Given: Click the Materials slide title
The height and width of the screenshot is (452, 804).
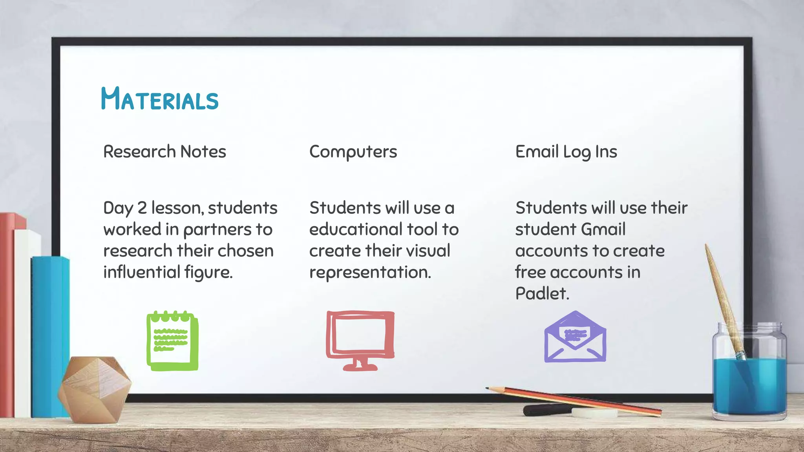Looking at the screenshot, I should pos(159,98).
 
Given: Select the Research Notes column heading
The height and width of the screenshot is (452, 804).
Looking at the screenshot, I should pos(164,152).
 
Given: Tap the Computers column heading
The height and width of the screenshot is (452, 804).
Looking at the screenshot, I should pos(353,152).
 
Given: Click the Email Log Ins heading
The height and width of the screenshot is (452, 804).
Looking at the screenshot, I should pos(566,152).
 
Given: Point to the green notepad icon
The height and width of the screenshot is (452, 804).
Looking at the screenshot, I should pos(173,341).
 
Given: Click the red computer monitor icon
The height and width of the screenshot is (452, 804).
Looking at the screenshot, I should pos(360,340).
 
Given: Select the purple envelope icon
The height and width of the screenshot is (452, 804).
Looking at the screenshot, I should pos(575,337).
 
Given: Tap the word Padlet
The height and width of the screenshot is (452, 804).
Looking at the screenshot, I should pos(542,293).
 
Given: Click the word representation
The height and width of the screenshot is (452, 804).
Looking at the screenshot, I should pos(370,272).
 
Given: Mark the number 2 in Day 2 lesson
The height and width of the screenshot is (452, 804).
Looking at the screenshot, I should pos(142,208).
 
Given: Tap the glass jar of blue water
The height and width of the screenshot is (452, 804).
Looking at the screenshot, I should pos(749,377).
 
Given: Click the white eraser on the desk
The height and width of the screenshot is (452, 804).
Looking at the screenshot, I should pos(594,413).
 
